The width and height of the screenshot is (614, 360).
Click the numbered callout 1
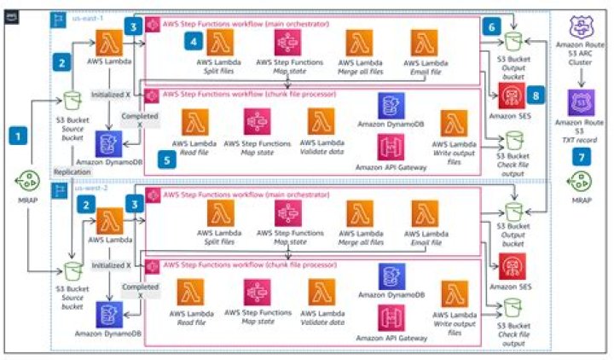click(x=15, y=135)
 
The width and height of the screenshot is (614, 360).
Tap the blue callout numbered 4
click(x=195, y=40)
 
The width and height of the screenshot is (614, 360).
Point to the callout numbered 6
click(x=490, y=27)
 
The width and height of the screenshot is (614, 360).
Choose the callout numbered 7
click(x=581, y=134)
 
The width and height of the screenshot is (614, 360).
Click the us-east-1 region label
click(x=89, y=16)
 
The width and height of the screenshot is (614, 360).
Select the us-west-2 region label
click(x=90, y=188)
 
